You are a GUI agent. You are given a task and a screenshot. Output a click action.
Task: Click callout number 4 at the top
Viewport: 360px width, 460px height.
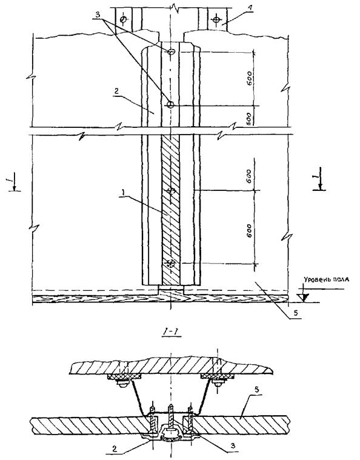249,9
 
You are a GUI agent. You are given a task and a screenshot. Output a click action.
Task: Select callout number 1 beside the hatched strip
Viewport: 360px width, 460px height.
123,193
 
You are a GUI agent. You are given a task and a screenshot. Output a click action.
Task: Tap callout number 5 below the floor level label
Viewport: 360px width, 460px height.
296,313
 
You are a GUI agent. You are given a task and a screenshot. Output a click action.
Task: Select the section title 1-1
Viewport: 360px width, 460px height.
171,332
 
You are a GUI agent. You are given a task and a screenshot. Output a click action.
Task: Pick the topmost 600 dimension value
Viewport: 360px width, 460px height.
249,78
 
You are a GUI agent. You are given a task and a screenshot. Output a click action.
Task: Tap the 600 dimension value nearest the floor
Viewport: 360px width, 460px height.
249,230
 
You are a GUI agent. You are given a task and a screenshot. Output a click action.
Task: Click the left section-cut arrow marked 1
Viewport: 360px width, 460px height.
13,184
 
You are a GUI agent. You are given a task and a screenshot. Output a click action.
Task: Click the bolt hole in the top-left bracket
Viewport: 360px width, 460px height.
123,19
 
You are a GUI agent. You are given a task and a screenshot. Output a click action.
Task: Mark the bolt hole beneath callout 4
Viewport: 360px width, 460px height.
216,20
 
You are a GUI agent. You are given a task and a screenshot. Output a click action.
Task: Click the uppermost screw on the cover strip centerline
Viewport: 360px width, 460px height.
171,52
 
